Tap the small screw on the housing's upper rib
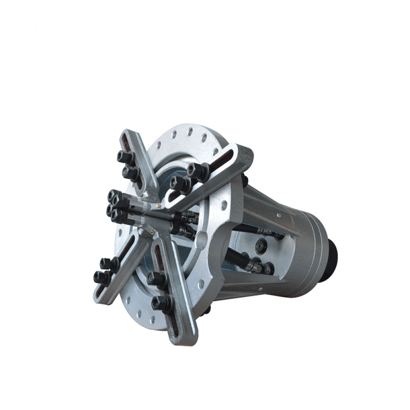pyautogui.click(x=279, y=214)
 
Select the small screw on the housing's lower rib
pyautogui.click(x=260, y=289)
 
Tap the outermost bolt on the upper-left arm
pyautogui.click(x=125, y=157)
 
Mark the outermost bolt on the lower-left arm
pyautogui.click(x=101, y=278)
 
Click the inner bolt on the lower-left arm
pyautogui.click(x=107, y=264)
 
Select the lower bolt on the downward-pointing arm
pyautogui.click(x=162, y=304)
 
